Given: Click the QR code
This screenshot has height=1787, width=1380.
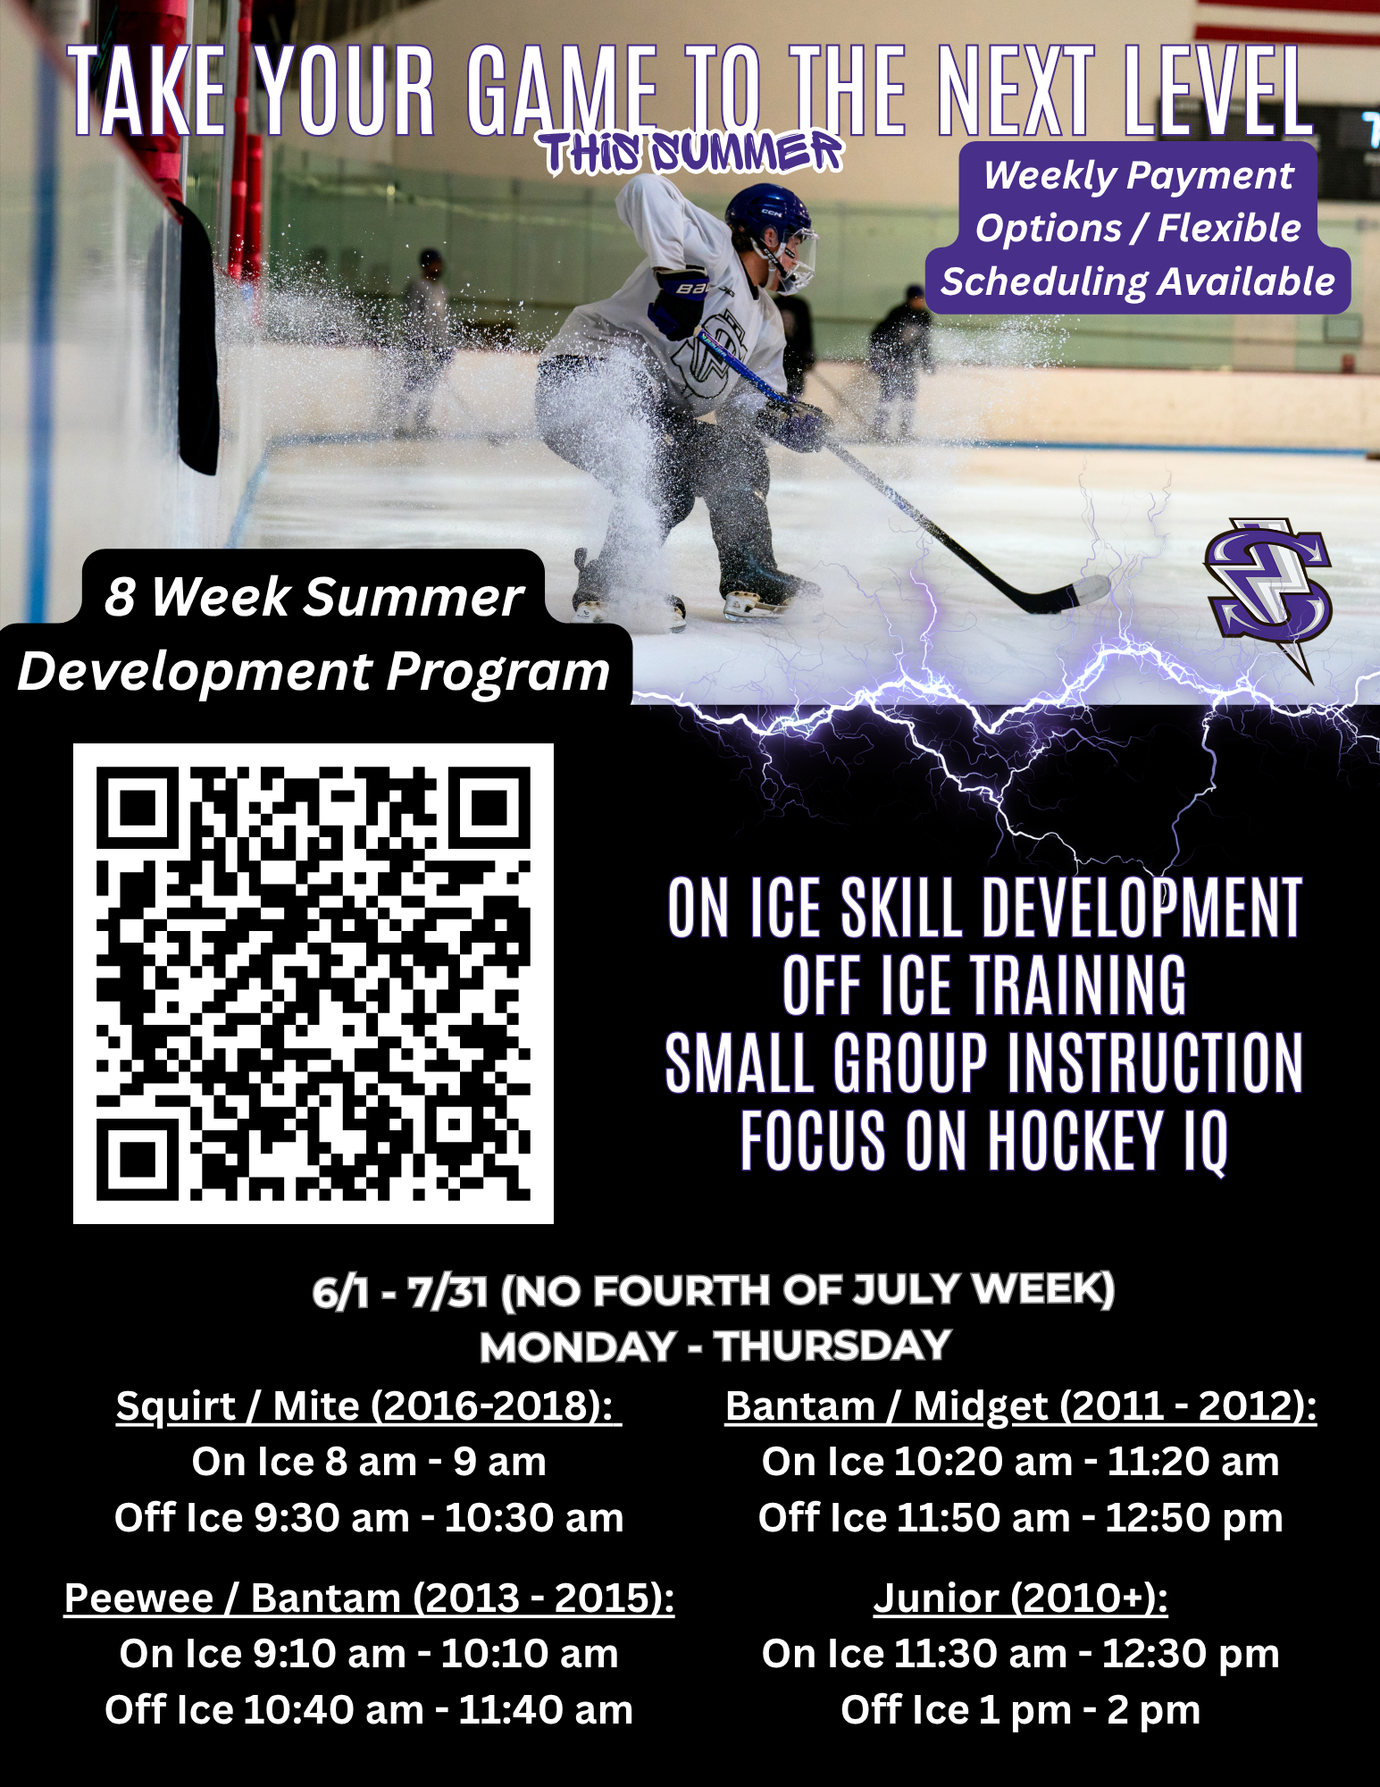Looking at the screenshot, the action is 314,984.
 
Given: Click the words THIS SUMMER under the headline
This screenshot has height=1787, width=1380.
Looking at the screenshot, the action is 692,153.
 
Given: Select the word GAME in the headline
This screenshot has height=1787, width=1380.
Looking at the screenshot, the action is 562,92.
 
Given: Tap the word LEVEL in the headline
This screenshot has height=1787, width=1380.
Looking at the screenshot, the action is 1217,92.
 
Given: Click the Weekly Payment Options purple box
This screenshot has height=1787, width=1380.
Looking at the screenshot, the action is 1138,228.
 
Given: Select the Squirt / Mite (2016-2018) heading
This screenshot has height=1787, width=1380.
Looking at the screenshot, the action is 368,1405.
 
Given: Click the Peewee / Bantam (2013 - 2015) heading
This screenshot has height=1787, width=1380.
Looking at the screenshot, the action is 369,1598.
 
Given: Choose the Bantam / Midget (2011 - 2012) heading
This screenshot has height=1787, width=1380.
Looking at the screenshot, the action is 1021,1405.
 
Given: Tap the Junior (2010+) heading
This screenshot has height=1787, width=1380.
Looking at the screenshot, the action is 1021,1598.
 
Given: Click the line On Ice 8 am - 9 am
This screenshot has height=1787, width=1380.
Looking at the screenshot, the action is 369,1462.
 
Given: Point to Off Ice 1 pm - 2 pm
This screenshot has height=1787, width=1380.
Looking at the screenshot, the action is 1021,1710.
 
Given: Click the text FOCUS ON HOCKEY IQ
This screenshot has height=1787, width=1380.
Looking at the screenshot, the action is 984,1141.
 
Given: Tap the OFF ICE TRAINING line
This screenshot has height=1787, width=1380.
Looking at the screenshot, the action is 984,985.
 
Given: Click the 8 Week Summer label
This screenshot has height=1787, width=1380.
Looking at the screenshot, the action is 314,596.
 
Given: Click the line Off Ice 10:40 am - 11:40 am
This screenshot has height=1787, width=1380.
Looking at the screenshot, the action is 369,1710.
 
